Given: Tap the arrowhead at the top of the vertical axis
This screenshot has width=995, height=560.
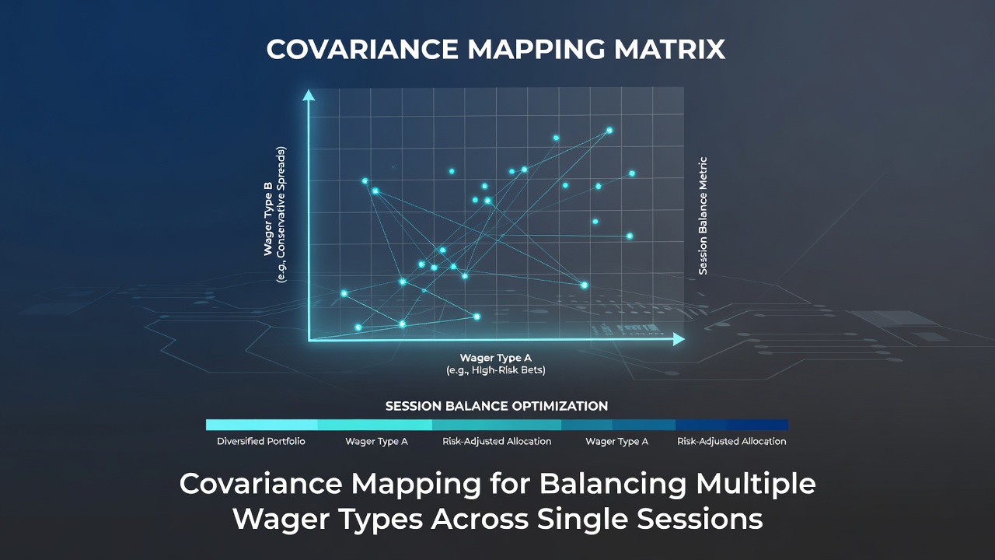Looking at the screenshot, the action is [309, 95].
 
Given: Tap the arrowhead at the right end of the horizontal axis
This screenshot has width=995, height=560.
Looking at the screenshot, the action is [679, 339].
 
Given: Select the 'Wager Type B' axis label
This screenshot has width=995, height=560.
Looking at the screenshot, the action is [268, 219].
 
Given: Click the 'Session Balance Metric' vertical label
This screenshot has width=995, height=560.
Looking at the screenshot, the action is [703, 215].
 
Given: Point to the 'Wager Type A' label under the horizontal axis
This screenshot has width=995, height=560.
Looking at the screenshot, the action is [496, 358].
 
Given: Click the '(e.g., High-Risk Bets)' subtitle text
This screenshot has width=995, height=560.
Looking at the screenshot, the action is [496, 370].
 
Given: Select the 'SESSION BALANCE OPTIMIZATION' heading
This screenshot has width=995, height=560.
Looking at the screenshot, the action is [497, 406].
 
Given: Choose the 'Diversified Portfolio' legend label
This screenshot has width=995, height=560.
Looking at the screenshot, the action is [260, 441].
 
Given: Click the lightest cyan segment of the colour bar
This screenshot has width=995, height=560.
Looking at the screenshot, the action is [262, 425].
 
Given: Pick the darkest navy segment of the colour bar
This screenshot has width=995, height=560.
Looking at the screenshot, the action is [732, 425].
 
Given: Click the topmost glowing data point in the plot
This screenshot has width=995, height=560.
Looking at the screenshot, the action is [609, 130].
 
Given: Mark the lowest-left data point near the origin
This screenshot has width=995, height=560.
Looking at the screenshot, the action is [358, 327].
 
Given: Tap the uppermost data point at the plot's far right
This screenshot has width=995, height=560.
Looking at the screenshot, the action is [632, 173].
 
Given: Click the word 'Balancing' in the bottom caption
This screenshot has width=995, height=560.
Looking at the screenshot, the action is [613, 484].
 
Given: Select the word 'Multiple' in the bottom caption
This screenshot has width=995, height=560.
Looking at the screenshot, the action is [756, 484].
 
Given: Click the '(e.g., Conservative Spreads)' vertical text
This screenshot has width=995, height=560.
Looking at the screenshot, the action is [281, 215].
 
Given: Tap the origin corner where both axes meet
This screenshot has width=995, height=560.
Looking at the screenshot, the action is [309, 340].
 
